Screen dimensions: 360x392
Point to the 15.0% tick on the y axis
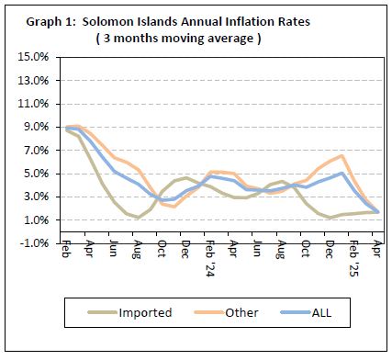point(34,57)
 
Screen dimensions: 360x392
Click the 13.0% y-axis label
point(34,80)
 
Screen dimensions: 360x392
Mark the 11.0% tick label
point(34,104)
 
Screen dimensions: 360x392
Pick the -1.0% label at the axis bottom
point(35,243)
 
